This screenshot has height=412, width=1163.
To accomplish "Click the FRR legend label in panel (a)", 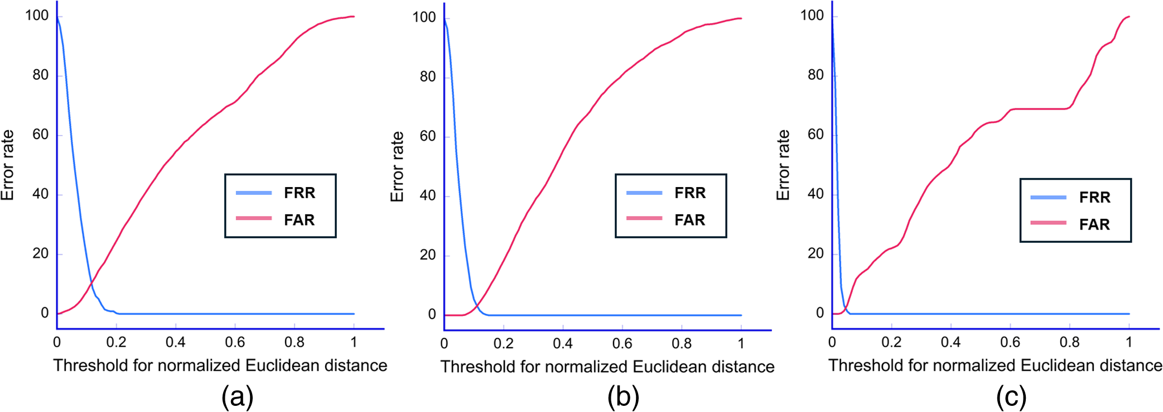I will [x=299, y=193].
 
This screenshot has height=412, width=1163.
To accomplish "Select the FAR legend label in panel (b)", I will [x=689, y=220].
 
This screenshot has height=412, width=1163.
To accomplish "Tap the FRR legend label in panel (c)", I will [x=1094, y=197].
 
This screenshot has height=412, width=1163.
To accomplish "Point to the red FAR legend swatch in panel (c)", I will [x=1048, y=223].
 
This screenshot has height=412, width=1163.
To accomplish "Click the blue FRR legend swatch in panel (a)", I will [x=253, y=193].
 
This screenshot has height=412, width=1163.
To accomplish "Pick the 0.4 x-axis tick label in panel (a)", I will [x=175, y=342].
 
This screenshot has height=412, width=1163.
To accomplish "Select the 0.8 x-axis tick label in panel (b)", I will [x=682, y=343].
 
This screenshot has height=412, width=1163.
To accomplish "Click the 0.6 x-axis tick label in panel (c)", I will [x=1010, y=342].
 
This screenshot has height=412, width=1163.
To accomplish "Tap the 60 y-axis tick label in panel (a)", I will [x=40, y=135].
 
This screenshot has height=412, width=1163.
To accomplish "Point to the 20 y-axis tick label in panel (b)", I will [x=428, y=255].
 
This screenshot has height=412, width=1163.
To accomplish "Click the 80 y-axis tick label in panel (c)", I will [x=815, y=75].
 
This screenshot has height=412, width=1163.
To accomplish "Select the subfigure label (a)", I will [x=237, y=397].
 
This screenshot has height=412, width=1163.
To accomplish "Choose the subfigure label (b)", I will [x=623, y=397].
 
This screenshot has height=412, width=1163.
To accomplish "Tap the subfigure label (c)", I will [x=1011, y=397].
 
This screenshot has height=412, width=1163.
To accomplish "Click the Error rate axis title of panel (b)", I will [x=397, y=166].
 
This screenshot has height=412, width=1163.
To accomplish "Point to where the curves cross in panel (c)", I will [x=845, y=308].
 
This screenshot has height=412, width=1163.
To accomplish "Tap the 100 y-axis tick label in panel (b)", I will [x=424, y=17].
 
